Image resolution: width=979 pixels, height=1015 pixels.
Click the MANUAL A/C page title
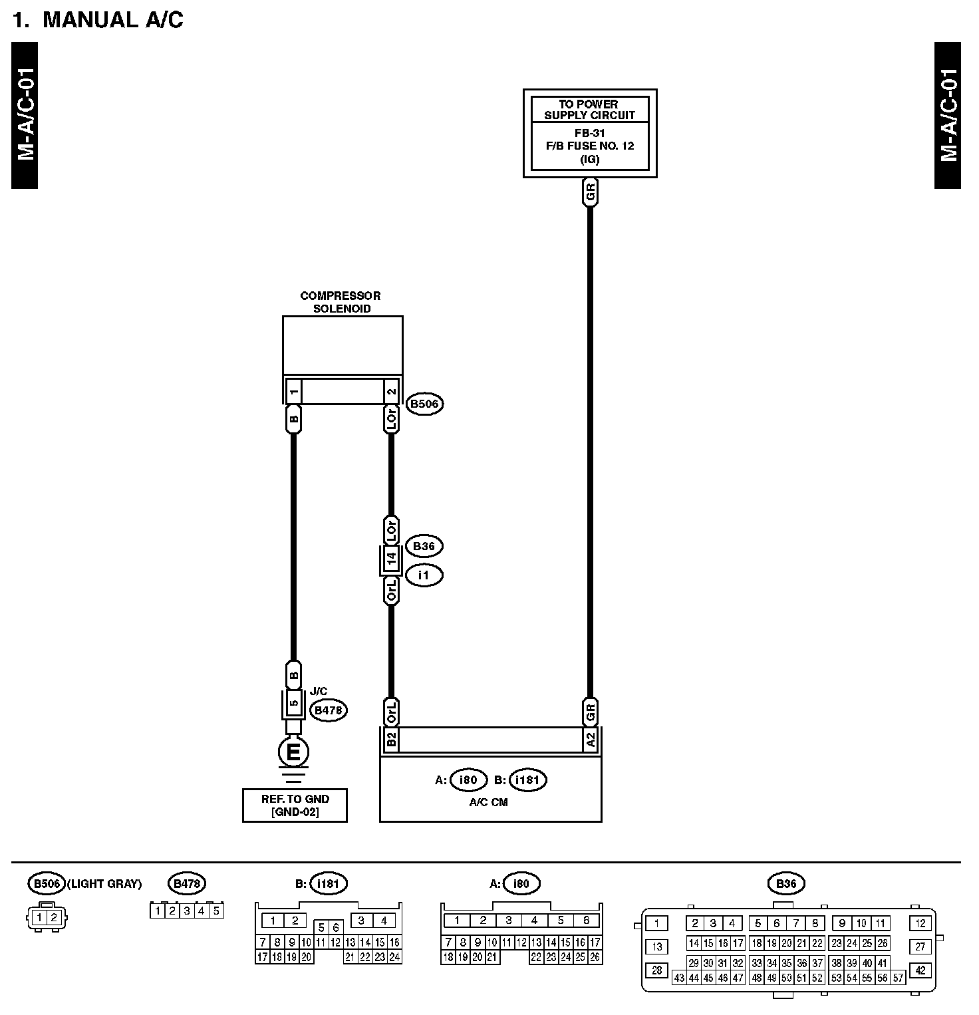click(x=98, y=20)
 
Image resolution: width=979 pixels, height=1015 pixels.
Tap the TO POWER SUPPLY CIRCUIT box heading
click(x=589, y=109)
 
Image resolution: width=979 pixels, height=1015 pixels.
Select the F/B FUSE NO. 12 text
click(x=589, y=146)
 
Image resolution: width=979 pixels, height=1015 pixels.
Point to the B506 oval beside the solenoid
click(x=425, y=404)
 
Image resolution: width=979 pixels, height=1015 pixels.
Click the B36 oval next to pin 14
click(x=424, y=547)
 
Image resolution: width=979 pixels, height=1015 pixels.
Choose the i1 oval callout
click(x=424, y=575)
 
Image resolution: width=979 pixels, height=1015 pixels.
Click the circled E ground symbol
click(x=293, y=753)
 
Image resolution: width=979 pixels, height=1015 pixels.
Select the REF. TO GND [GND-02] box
click(x=295, y=805)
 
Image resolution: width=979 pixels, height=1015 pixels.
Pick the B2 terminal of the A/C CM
click(x=391, y=739)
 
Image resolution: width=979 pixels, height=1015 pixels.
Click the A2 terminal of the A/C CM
click(x=590, y=739)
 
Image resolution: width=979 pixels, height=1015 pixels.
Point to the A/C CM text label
click(x=488, y=803)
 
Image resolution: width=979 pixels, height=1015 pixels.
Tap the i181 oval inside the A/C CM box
click(x=527, y=780)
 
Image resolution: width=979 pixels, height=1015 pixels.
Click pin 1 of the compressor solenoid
click(x=293, y=391)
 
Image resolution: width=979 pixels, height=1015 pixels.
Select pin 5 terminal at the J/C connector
click(x=293, y=703)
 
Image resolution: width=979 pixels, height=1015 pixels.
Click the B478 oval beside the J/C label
click(x=329, y=710)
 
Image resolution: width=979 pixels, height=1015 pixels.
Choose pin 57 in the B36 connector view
click(x=899, y=978)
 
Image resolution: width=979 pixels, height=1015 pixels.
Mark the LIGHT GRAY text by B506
click(x=104, y=884)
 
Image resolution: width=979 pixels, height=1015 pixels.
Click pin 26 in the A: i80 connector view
click(x=595, y=958)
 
